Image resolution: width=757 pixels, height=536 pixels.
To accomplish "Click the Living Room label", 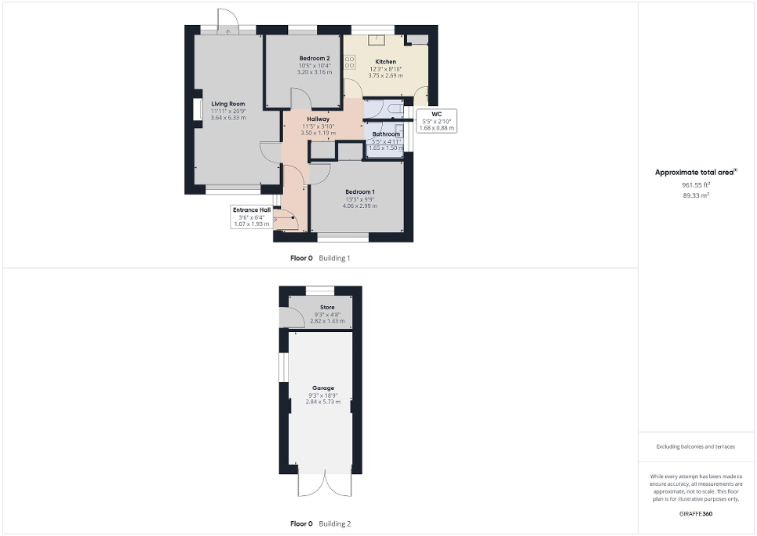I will pyautogui.click(x=227, y=104).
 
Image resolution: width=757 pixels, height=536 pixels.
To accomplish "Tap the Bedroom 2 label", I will pyautogui.click(x=315, y=59).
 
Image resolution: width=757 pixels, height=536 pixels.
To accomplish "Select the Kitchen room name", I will pyautogui.click(x=385, y=61).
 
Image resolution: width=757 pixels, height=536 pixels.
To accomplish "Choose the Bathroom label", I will pyautogui.click(x=386, y=134).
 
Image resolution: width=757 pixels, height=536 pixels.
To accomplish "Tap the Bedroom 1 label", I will pyautogui.click(x=360, y=192).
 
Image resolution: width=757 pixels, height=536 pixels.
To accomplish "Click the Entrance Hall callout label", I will pyautogui.click(x=251, y=210).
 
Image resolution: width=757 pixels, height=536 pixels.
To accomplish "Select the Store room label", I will pyautogui.click(x=327, y=308).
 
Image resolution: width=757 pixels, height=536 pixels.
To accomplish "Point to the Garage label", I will pyautogui.click(x=323, y=388).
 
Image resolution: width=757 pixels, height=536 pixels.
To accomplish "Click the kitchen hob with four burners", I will pyautogui.click(x=349, y=60).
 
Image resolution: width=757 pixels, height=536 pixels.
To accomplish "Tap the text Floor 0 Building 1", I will pyautogui.click(x=320, y=257).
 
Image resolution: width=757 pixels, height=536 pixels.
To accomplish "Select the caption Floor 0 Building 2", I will pyautogui.click(x=320, y=523).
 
